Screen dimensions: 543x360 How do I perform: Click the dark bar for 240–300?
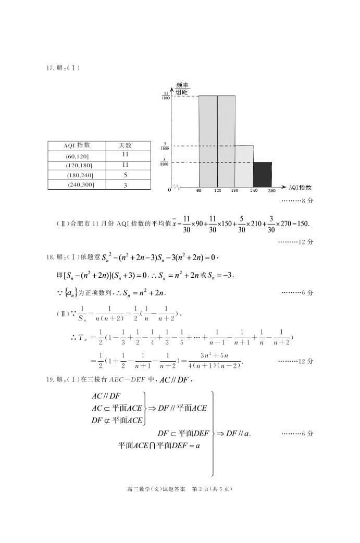263,174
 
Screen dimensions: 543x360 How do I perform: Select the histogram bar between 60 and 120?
208,141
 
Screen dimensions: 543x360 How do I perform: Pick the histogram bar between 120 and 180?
226,141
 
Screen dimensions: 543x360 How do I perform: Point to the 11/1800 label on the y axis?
165,95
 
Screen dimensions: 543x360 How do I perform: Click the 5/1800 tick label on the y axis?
165,146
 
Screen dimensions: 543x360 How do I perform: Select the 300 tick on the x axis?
271,191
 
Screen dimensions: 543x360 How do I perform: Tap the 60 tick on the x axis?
199,191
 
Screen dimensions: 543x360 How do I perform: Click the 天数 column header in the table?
125,145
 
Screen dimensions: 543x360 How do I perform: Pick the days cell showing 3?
125,185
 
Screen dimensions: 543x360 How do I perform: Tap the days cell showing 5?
125,175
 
